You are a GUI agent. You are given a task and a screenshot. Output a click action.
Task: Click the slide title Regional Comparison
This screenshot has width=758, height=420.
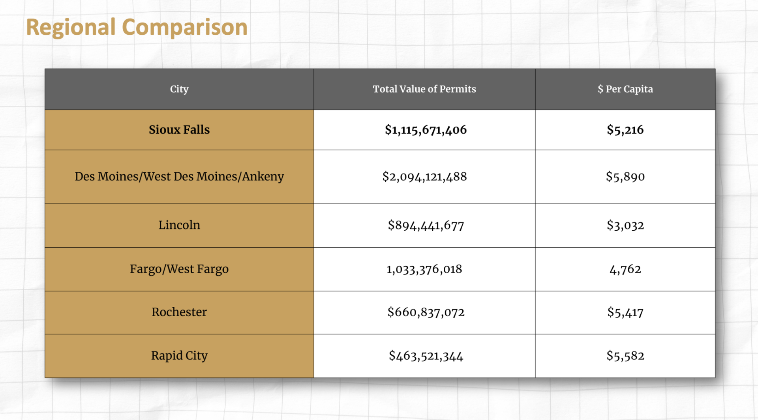pyautogui.click(x=137, y=27)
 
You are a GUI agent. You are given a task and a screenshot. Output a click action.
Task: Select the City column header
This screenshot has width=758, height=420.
pyautogui.click(x=179, y=89)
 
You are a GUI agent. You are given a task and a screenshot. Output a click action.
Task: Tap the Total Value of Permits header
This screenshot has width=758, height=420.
pyautogui.click(x=424, y=89)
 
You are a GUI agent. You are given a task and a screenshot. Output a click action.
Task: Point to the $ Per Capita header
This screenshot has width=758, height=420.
pyautogui.click(x=625, y=89)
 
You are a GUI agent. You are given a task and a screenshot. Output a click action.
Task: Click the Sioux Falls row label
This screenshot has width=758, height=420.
pyautogui.click(x=179, y=130)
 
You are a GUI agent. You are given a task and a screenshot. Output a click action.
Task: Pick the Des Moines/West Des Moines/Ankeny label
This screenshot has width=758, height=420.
pyautogui.click(x=179, y=176)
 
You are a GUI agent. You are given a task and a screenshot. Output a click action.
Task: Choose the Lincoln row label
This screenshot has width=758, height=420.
pyautogui.click(x=179, y=225)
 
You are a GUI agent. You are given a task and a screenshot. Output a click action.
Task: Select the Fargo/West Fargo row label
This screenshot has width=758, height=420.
pyautogui.click(x=179, y=269)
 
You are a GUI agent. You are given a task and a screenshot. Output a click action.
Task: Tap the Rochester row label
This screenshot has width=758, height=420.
pyautogui.click(x=179, y=312)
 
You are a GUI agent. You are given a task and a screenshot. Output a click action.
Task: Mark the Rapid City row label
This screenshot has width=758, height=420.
pyautogui.click(x=179, y=355)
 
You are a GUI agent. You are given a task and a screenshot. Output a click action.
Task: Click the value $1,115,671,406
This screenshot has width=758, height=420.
pyautogui.click(x=426, y=130)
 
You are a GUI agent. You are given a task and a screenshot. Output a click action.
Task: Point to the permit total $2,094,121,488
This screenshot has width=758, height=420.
pyautogui.click(x=424, y=176)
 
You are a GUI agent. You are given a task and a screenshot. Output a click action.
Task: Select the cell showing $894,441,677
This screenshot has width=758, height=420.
pyautogui.click(x=426, y=225)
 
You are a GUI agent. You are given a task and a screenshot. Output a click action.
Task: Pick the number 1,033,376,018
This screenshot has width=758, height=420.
pyautogui.click(x=424, y=269)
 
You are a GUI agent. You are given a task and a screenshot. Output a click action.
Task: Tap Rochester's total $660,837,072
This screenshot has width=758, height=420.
pyautogui.click(x=426, y=312)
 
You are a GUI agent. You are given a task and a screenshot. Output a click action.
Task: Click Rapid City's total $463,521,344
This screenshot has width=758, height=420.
pyautogui.click(x=426, y=356)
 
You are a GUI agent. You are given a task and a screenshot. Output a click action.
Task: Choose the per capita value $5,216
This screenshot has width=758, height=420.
pyautogui.click(x=625, y=130)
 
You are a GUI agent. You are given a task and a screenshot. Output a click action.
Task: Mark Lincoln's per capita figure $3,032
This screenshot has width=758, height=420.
pyautogui.click(x=625, y=225)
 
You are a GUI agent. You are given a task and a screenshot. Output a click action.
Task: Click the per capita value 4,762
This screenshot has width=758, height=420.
pyautogui.click(x=625, y=269)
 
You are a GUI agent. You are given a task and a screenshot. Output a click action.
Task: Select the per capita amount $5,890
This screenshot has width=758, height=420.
pyautogui.click(x=625, y=176)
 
